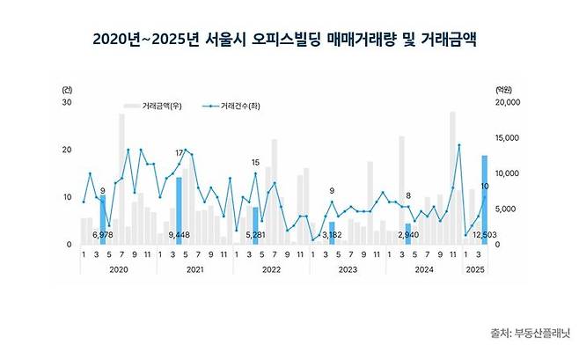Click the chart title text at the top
[289, 40]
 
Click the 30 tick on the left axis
[67, 103]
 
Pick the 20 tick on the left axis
[67, 150]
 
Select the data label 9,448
[179, 236]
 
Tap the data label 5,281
[255, 236]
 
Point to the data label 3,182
[331, 236]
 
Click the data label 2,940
[407, 236]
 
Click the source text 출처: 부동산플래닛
[530, 333]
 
